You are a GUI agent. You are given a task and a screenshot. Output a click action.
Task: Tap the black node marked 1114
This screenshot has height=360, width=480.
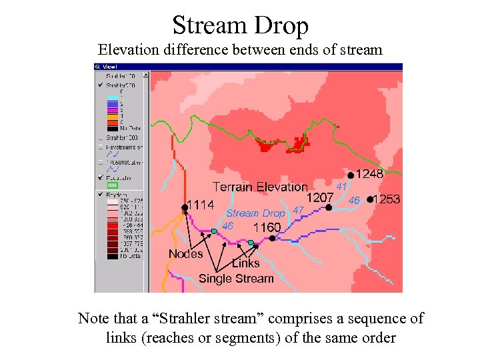(x=184, y=208)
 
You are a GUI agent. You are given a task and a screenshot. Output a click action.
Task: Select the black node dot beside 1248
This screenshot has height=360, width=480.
(x=351, y=175)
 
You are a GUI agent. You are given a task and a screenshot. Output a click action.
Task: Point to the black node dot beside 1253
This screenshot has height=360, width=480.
(x=371, y=199)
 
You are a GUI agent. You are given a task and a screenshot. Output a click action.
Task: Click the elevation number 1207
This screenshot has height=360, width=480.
(x=320, y=198)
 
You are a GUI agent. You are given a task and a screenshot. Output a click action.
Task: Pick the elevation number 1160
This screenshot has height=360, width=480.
(x=267, y=227)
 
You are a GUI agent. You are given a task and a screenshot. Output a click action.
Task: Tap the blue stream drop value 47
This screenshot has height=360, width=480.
(x=299, y=211)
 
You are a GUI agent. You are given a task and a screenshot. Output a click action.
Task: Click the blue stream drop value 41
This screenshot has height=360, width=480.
(x=342, y=186)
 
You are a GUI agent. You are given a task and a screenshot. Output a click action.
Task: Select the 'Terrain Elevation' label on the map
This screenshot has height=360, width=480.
(x=260, y=187)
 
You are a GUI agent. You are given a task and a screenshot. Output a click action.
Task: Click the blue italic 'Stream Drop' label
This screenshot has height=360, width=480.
(x=255, y=213)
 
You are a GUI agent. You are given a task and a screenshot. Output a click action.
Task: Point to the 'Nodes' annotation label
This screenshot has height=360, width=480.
(x=185, y=253)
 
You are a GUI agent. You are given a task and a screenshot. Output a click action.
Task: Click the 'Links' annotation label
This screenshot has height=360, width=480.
(x=246, y=263)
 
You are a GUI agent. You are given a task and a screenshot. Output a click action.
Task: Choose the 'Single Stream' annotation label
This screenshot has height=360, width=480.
(x=236, y=279)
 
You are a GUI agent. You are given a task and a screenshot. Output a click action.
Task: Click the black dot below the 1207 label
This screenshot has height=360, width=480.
(x=329, y=207)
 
